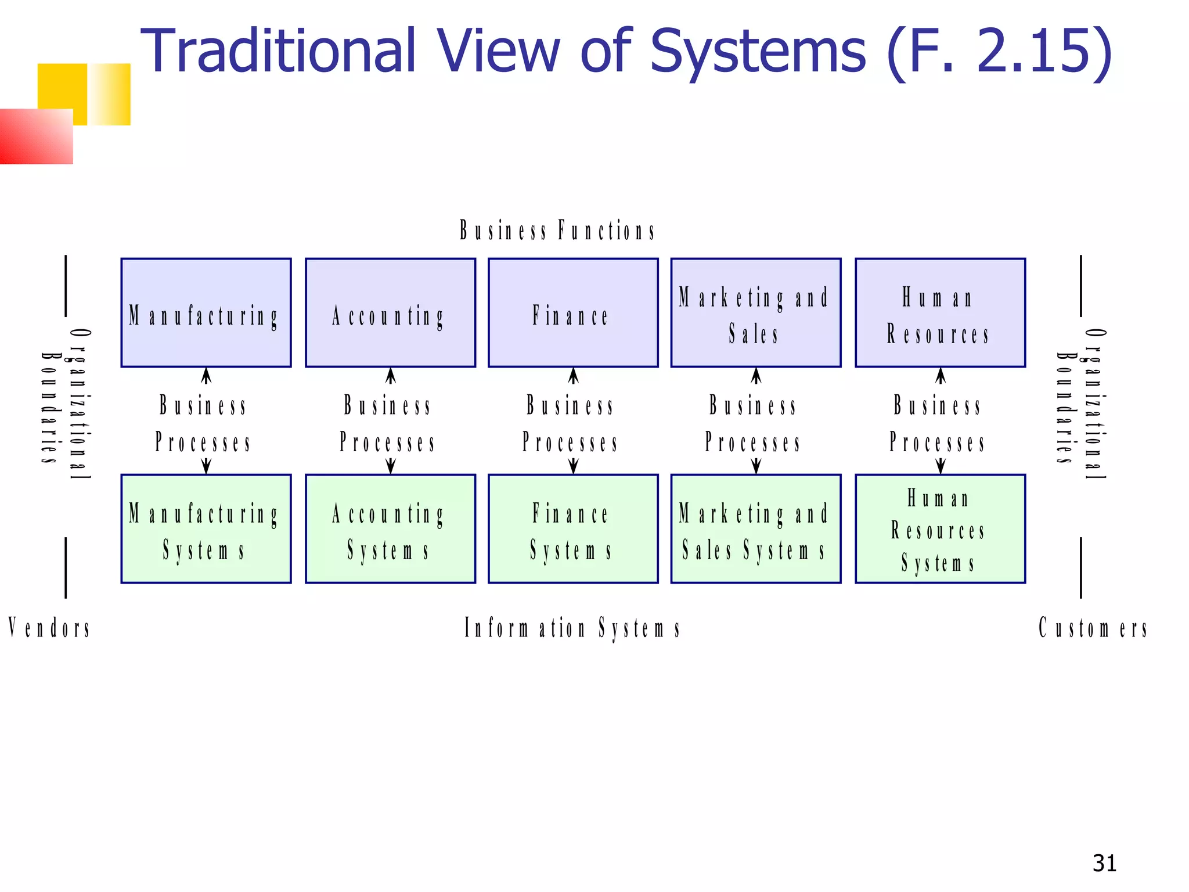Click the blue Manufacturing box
(x=206, y=312)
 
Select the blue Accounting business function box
(x=390, y=312)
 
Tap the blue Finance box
(x=573, y=312)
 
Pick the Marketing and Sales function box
(x=756, y=312)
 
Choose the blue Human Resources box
(x=940, y=312)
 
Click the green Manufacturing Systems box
(x=206, y=528)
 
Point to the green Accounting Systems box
(x=390, y=528)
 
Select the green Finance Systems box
(x=573, y=528)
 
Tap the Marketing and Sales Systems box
(x=756, y=528)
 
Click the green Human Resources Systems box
(x=940, y=528)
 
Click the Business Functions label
(x=557, y=231)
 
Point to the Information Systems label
(x=572, y=628)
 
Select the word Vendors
(x=49, y=628)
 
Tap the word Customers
(x=1093, y=628)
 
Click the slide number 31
(x=1104, y=864)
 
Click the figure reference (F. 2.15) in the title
(x=999, y=52)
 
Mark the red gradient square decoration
(x=36, y=136)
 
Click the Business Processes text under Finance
(x=571, y=424)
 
